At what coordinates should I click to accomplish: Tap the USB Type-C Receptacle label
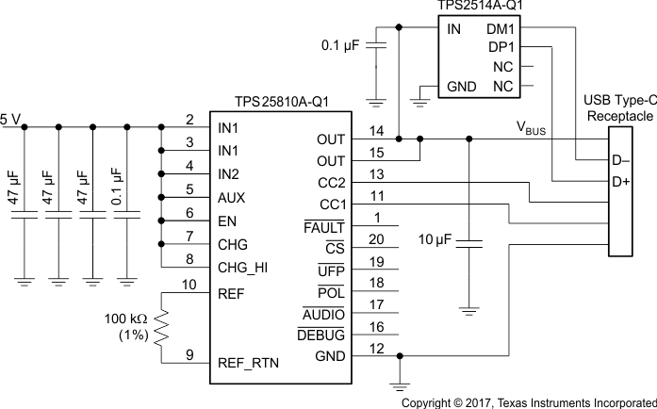[618, 107]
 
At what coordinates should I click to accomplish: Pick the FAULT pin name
[324, 227]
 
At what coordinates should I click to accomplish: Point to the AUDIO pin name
[323, 315]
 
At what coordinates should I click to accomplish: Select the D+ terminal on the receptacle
[620, 181]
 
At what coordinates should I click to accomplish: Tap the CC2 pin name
[332, 184]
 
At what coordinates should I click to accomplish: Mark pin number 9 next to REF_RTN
[189, 354]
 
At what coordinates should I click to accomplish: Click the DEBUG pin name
[322, 335]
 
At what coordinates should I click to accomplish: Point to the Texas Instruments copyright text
[528, 401]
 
